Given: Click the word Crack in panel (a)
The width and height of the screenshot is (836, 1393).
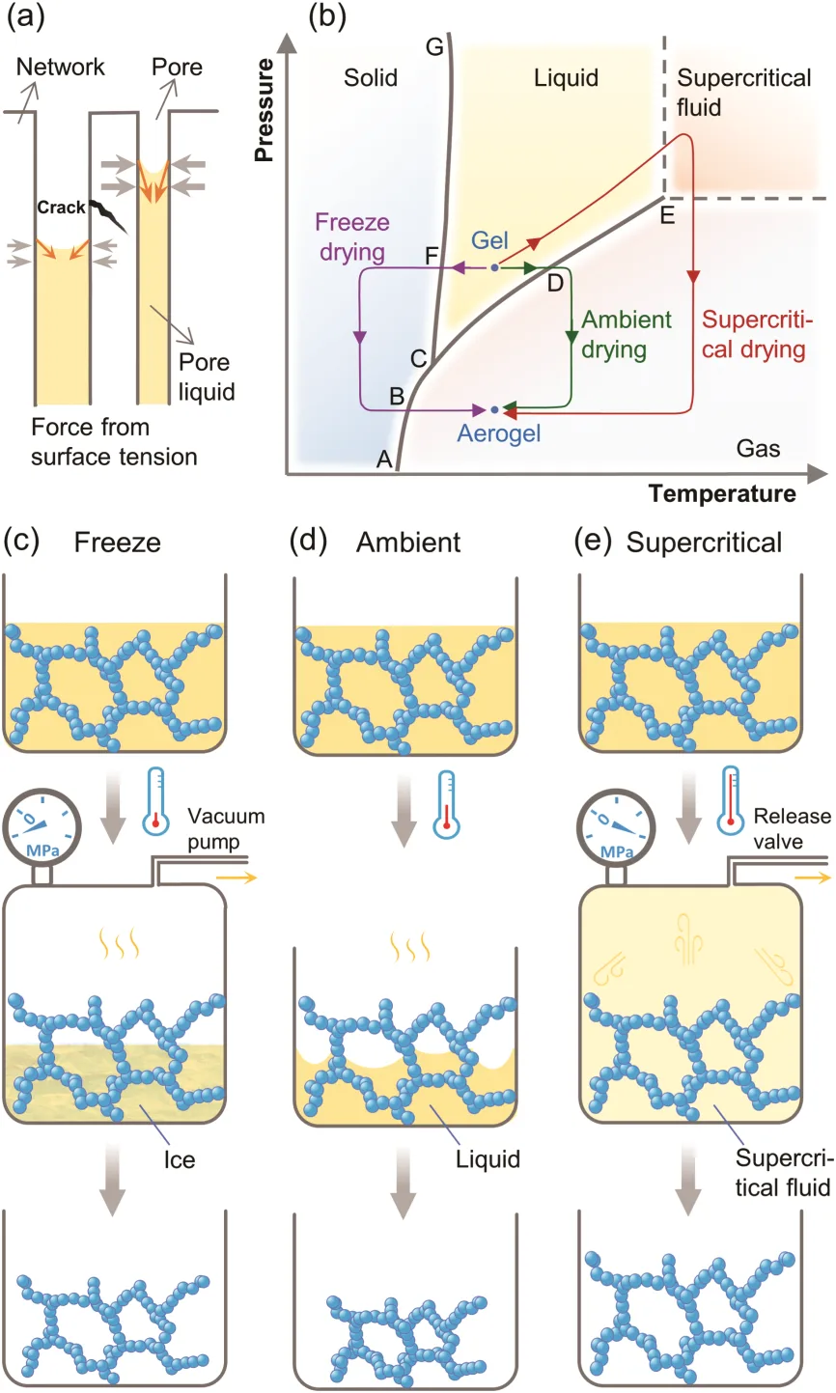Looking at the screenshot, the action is pyautogui.click(x=61, y=208).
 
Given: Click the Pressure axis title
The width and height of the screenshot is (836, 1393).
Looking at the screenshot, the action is pyautogui.click(x=265, y=110).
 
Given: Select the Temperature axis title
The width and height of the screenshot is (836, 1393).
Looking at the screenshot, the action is pyautogui.click(x=722, y=493).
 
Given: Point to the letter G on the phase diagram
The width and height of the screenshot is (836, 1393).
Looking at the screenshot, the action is pyautogui.click(x=434, y=46).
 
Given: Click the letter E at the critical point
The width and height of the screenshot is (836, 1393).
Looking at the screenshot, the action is pyautogui.click(x=667, y=216).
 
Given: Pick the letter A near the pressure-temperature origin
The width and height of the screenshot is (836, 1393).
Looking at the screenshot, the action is pyautogui.click(x=384, y=460).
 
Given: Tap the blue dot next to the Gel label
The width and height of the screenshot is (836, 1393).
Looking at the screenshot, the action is pyautogui.click(x=494, y=267).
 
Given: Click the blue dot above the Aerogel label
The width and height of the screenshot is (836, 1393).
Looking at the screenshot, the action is pyautogui.click(x=494, y=410).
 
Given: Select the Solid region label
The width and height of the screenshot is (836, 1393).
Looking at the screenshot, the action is pyautogui.click(x=371, y=78).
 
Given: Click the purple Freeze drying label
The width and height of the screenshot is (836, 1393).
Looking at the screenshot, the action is pyautogui.click(x=352, y=237).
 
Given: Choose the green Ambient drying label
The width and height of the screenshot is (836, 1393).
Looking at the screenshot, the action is pyautogui.click(x=627, y=335).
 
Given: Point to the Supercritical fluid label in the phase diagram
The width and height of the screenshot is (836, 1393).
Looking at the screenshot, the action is pyautogui.click(x=744, y=93).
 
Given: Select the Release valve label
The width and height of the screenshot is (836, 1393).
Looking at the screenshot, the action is pyautogui.click(x=793, y=828).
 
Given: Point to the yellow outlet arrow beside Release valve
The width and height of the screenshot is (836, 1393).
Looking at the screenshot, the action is pyautogui.click(x=813, y=878).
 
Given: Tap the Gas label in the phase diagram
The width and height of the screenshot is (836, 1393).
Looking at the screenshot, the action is pyautogui.click(x=758, y=448).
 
